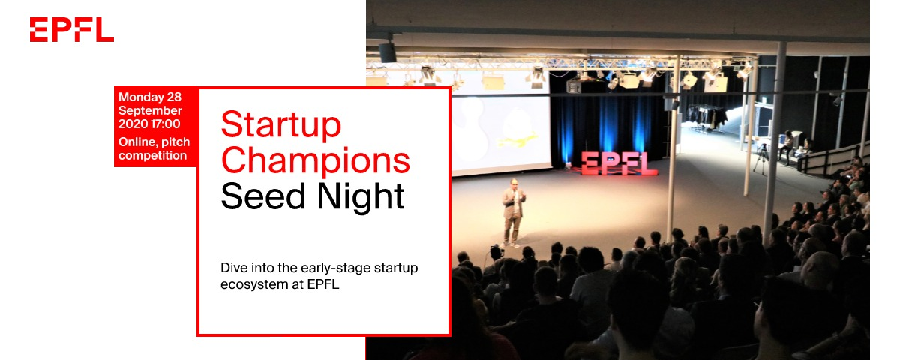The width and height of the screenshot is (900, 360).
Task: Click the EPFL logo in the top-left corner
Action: tap(72, 30)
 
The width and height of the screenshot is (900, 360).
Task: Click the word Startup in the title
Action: tap(280, 125)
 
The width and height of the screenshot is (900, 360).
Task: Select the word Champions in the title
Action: tap(316, 160)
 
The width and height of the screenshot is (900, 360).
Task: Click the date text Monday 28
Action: tap(149, 97)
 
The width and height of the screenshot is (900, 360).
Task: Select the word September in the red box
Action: tap(150, 111)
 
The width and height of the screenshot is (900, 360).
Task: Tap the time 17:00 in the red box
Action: tap(166, 124)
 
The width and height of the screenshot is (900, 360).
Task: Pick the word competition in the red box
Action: tap(152, 156)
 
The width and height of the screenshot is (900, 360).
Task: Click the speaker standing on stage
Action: tap(513, 212)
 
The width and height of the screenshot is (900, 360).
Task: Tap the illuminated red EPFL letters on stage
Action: tap(618, 164)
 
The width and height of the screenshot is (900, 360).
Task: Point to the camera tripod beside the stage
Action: tap(761, 158)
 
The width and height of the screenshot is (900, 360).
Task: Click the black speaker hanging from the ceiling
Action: tap(388, 52)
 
